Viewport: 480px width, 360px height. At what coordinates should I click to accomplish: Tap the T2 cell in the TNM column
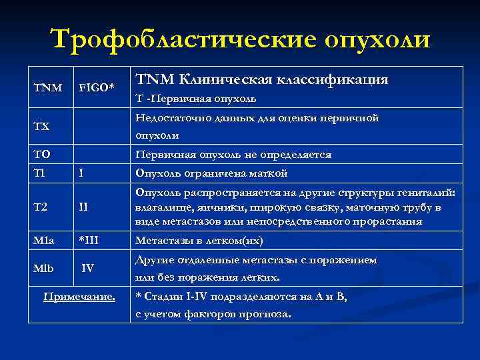[x=41, y=207]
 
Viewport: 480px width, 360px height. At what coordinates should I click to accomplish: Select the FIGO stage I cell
[x=81, y=173]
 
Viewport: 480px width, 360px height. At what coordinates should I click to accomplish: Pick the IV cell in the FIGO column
[x=87, y=269]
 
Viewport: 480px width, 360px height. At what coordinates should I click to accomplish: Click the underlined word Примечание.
[x=79, y=297]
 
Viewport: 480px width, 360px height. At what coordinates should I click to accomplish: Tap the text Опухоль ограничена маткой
[x=211, y=173]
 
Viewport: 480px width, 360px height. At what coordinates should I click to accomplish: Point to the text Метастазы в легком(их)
[x=199, y=240]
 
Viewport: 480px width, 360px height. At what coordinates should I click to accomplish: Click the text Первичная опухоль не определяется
[x=233, y=154]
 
